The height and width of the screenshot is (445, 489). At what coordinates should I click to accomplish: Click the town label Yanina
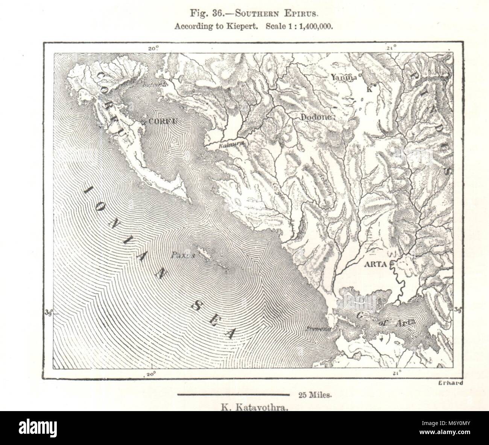pos(343,77)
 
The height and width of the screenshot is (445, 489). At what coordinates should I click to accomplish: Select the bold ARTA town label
pos(375,264)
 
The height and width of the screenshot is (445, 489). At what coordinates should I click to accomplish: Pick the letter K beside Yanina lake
pos(369,89)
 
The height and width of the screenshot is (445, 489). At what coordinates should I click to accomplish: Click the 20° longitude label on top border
pos(153,49)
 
